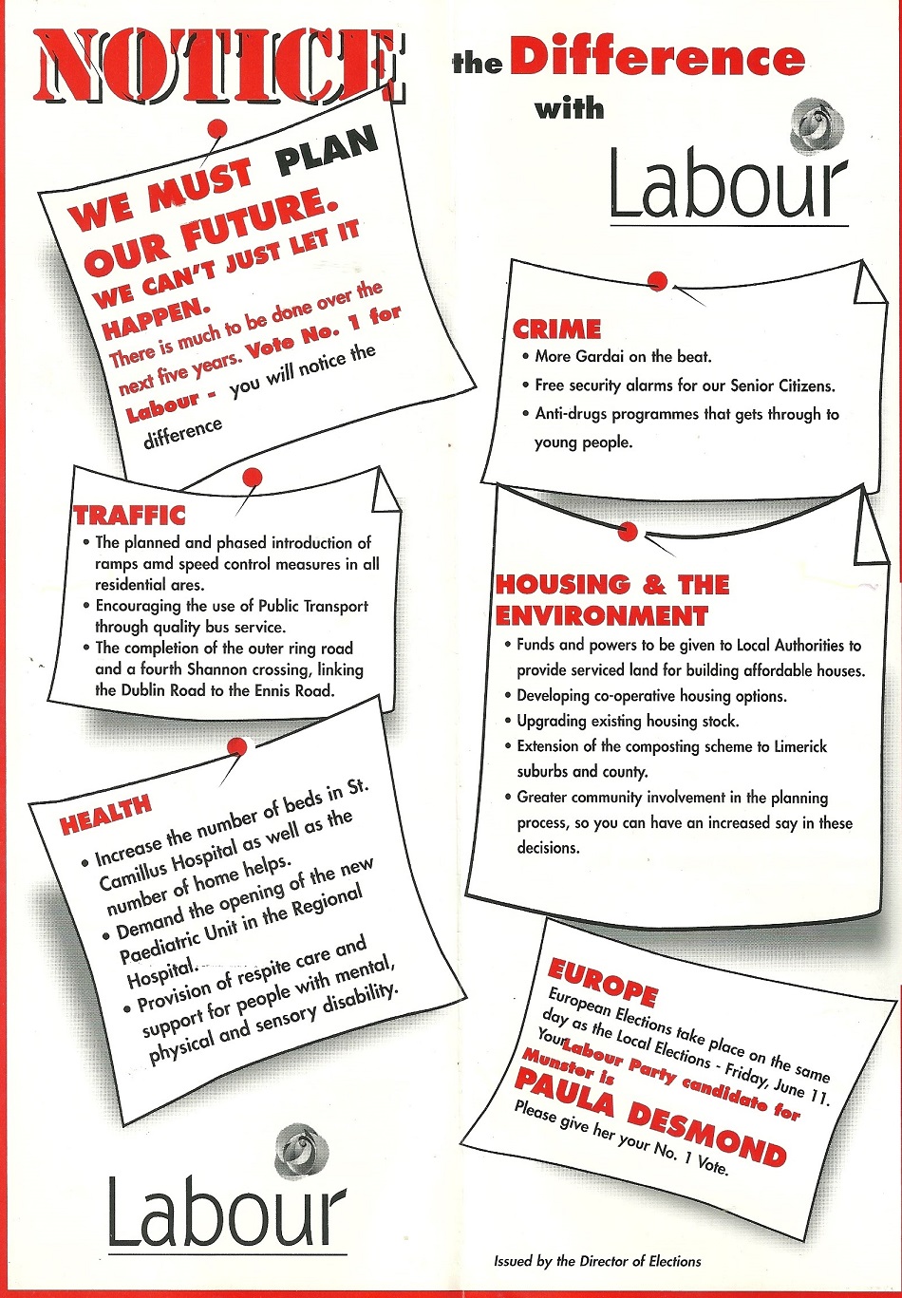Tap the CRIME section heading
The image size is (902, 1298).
coord(556,329)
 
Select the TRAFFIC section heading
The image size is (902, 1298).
coord(130,515)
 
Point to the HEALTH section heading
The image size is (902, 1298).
coord(105,816)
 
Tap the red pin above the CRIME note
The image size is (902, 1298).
coord(657,281)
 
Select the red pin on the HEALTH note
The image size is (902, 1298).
coord(237,747)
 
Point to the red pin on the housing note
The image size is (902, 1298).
coord(627,531)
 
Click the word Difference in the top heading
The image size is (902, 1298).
coord(657,59)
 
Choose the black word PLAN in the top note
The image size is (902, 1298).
coord(327,151)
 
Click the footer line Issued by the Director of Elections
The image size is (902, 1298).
coord(597,1261)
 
